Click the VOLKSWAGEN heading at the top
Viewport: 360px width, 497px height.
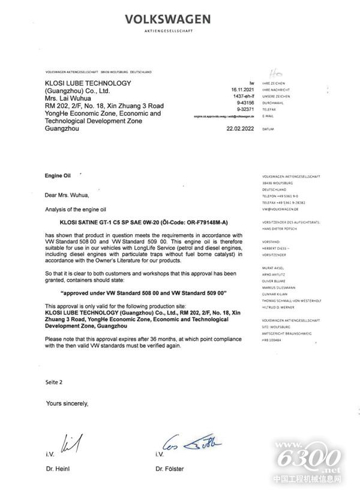[167, 19]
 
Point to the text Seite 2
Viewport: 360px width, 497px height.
[53, 382]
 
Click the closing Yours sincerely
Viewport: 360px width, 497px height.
[67, 403]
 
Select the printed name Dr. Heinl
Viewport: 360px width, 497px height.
[59, 468]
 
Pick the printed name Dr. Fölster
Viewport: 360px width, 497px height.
[170, 468]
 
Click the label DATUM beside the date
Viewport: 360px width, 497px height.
[268, 129]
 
